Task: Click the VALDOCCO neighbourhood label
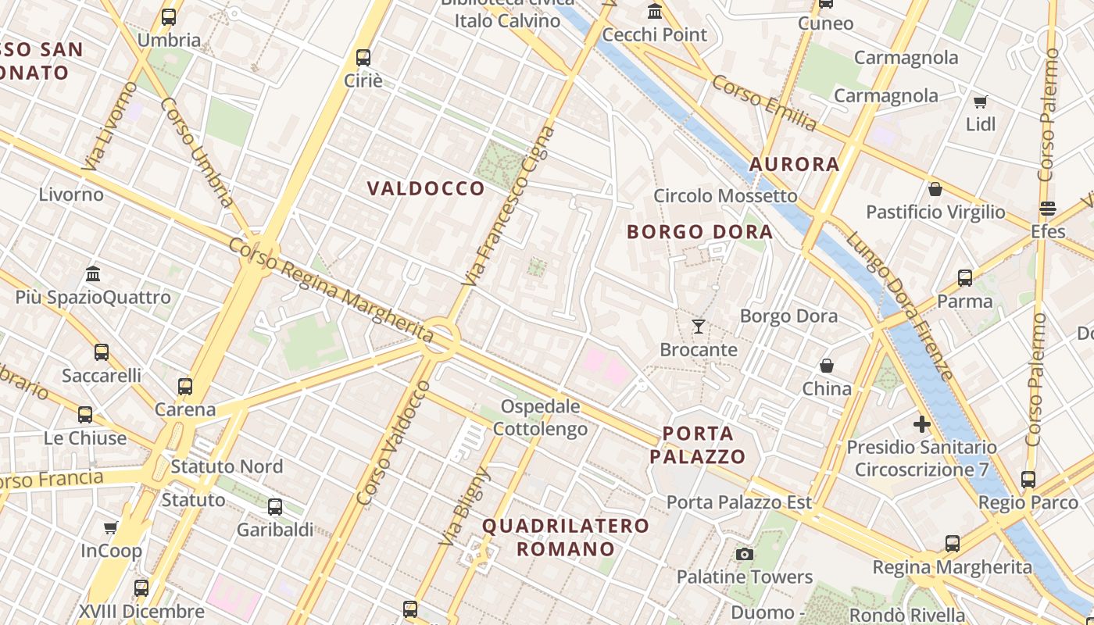(x=426, y=188)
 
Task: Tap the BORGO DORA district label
(x=699, y=232)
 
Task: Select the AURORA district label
(x=794, y=164)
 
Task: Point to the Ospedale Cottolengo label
(x=541, y=418)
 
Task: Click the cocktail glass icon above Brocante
(x=699, y=327)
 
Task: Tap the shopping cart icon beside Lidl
(x=980, y=102)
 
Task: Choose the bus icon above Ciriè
(x=363, y=57)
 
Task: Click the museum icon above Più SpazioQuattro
(x=94, y=273)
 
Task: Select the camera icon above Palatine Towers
(x=745, y=554)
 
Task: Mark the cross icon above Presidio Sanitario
(x=922, y=424)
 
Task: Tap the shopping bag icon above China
(x=827, y=366)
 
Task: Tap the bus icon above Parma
(x=965, y=278)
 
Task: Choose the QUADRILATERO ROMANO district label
(x=566, y=537)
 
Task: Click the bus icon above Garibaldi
(x=275, y=507)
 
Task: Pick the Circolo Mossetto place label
(x=725, y=195)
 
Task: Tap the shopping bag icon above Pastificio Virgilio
(x=935, y=189)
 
